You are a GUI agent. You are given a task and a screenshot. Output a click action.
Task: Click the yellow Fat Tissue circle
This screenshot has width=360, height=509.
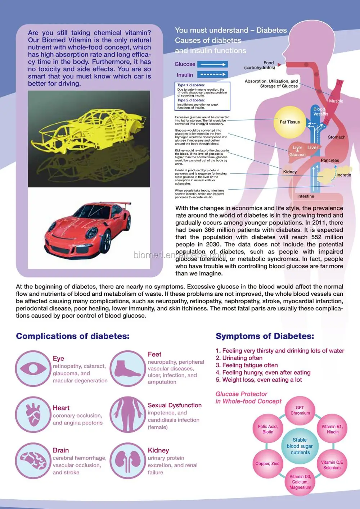(x=289, y=122)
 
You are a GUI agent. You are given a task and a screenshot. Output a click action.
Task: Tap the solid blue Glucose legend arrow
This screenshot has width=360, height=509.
(x=212, y=64)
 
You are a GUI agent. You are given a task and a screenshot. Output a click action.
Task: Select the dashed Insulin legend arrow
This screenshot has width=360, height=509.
(x=212, y=75)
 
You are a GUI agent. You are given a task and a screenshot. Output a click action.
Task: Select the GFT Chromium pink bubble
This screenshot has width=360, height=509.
(x=300, y=410)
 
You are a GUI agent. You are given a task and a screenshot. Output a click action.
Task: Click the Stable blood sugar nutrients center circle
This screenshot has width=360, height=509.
(x=300, y=446)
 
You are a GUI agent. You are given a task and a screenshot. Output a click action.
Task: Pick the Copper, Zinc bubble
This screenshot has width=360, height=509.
(x=267, y=464)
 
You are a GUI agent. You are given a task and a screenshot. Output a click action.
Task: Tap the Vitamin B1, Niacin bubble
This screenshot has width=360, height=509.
(x=332, y=429)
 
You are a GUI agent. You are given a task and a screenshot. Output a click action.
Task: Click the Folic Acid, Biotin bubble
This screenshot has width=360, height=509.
(x=267, y=429)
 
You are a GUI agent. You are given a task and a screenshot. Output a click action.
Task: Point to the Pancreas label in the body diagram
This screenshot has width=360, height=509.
(x=330, y=160)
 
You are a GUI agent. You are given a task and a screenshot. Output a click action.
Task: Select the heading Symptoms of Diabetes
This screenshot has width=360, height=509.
(x=265, y=336)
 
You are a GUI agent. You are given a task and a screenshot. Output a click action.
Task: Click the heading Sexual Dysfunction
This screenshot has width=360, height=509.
(x=175, y=405)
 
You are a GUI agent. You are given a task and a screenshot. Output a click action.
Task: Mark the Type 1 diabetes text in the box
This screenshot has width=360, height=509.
(x=191, y=85)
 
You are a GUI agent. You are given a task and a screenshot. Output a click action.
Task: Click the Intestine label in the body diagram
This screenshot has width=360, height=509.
(x=306, y=196)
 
